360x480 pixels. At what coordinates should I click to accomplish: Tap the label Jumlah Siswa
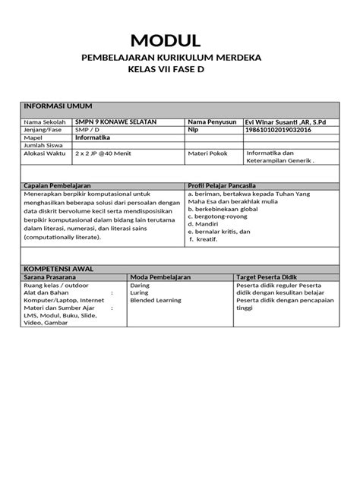point(43,146)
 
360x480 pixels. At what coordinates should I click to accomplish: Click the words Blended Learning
point(156,301)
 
